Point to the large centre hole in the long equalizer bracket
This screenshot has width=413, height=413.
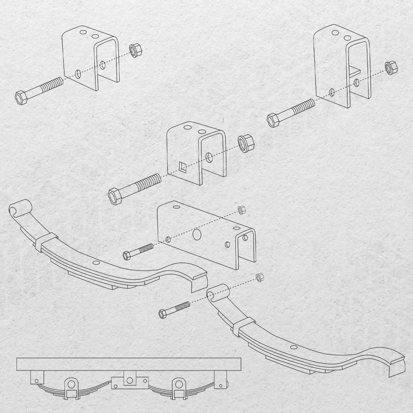point(197,235)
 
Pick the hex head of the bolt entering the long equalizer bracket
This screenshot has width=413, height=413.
point(127,256)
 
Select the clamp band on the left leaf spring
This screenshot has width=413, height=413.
point(46,242)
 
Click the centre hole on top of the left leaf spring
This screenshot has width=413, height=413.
point(96,263)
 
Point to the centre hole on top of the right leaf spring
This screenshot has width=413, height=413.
point(293,347)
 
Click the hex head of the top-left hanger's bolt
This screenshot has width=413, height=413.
point(21,97)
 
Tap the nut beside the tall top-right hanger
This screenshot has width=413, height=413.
point(390,67)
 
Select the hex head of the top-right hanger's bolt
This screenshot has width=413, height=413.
point(273,120)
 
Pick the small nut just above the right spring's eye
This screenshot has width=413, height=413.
point(260,277)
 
